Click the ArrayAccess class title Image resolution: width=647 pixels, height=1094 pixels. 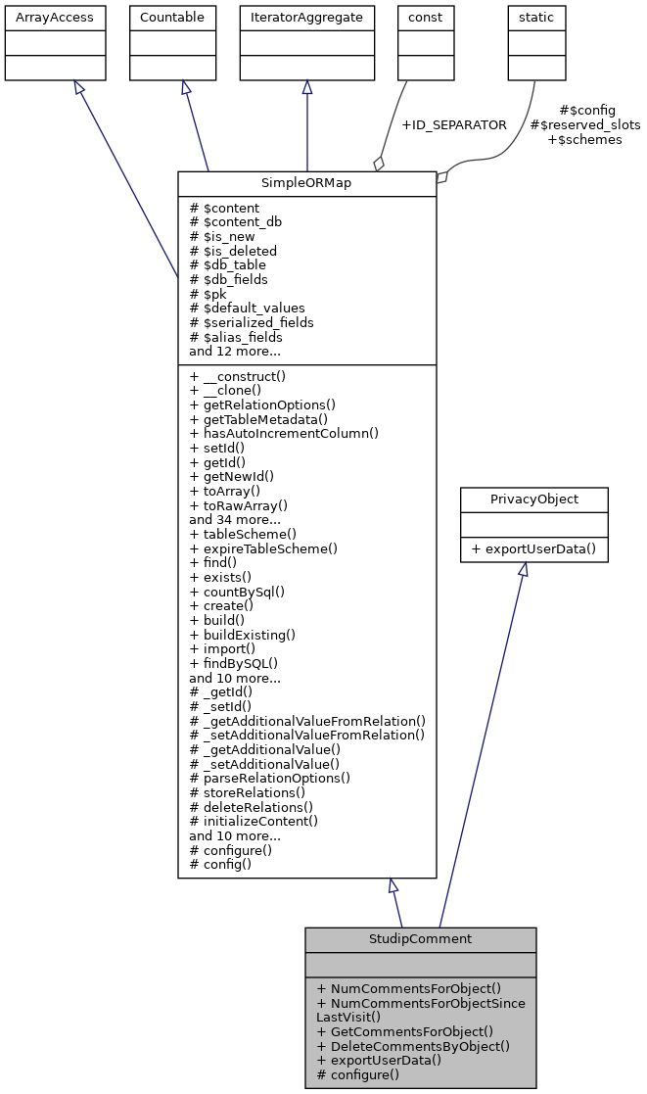(x=41, y=18)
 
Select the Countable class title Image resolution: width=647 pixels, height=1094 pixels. (x=172, y=18)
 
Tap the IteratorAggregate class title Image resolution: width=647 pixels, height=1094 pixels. (x=307, y=18)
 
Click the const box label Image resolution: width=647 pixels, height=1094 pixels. (x=425, y=18)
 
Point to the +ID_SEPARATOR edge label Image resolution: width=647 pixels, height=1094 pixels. (x=454, y=125)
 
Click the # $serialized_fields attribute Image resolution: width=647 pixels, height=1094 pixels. (x=252, y=322)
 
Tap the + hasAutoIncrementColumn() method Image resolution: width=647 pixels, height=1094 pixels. (x=284, y=433)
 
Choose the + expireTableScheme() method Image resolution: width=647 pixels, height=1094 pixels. (x=263, y=548)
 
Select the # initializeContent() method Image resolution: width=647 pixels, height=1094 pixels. (x=254, y=821)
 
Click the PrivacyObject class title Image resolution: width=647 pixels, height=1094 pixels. (x=534, y=499)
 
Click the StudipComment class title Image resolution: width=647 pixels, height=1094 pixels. (x=420, y=939)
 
